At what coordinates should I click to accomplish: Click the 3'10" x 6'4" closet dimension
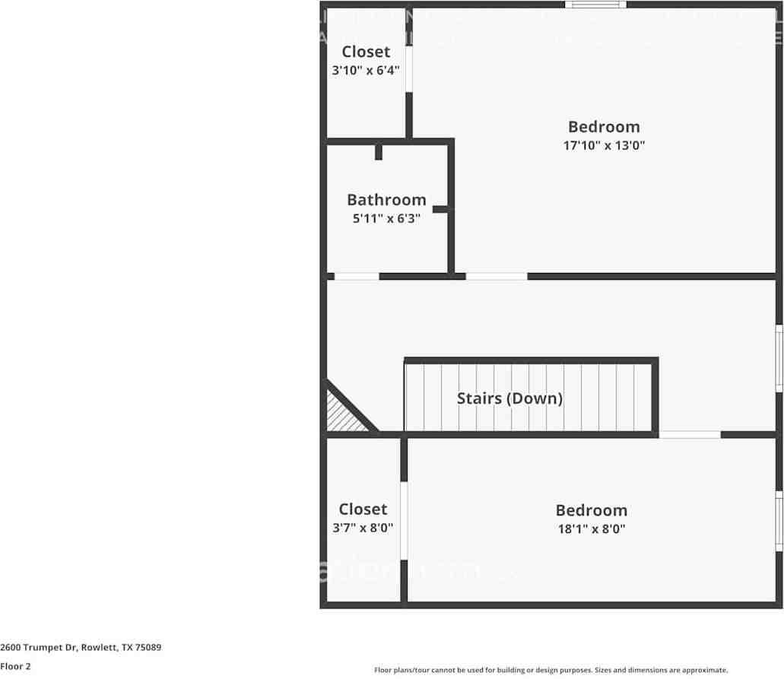tap(366, 70)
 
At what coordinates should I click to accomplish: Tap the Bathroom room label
tap(386, 200)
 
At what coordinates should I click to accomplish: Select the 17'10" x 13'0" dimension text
tap(604, 145)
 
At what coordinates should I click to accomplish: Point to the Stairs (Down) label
tap(509, 398)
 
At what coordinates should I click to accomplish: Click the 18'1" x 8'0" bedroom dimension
tap(591, 529)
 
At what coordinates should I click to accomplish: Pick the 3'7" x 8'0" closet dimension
tap(363, 528)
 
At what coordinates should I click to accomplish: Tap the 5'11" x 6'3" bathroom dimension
tap(386, 218)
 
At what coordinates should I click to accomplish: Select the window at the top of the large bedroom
tap(595, 5)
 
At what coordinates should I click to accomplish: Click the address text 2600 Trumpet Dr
tap(80, 647)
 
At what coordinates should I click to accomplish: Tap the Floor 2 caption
tap(15, 666)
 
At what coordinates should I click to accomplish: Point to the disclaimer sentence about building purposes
tap(551, 670)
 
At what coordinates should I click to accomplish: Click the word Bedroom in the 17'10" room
tap(604, 127)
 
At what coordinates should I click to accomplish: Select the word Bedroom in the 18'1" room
tap(591, 510)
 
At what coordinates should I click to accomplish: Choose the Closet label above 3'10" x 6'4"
tap(366, 52)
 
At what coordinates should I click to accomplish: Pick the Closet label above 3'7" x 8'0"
tap(363, 509)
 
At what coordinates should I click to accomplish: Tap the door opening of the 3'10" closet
tap(409, 70)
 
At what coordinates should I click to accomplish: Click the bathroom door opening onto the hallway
tap(357, 276)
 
